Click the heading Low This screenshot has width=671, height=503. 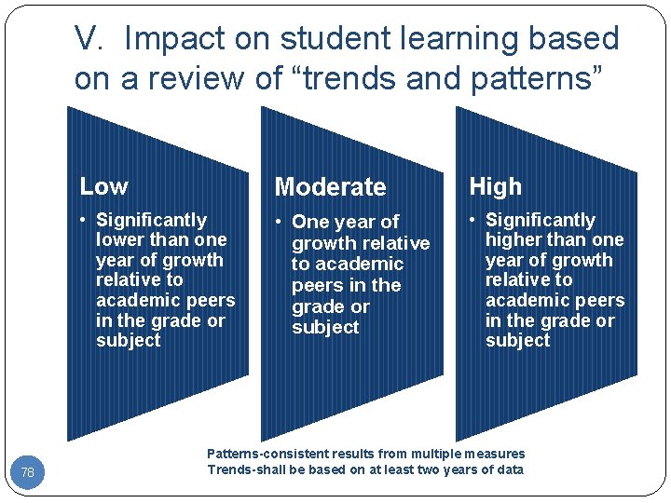coord(103,186)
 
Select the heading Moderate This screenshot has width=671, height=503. coord(330,187)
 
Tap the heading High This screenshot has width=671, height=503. coord(495,186)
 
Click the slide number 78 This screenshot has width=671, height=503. coord(27,473)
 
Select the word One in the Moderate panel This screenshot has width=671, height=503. coord(309,223)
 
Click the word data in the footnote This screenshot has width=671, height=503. coord(509,469)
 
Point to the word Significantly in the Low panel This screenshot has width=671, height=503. coord(151,221)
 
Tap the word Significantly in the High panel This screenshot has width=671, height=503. coord(541,221)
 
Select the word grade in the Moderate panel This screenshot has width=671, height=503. coord(318,306)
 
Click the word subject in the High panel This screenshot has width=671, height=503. coord(518,341)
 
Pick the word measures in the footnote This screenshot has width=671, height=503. coord(496,454)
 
